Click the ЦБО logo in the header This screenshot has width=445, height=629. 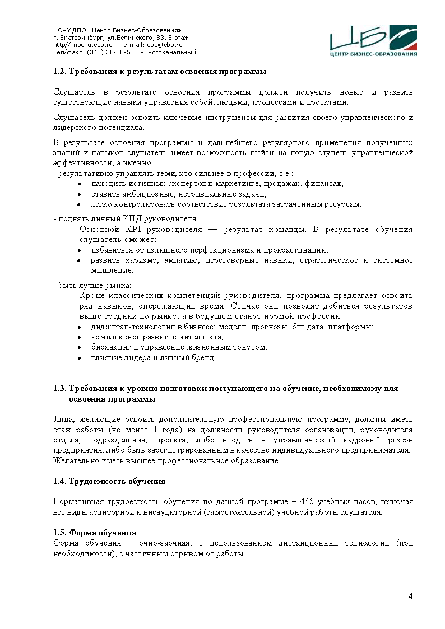[373, 41]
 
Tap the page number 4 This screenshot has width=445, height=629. [410, 596]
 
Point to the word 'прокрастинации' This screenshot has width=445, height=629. [299, 250]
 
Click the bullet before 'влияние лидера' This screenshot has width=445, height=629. [80, 358]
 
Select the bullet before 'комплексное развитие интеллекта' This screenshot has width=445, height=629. [80, 337]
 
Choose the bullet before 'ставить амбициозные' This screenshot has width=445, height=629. [80, 194]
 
